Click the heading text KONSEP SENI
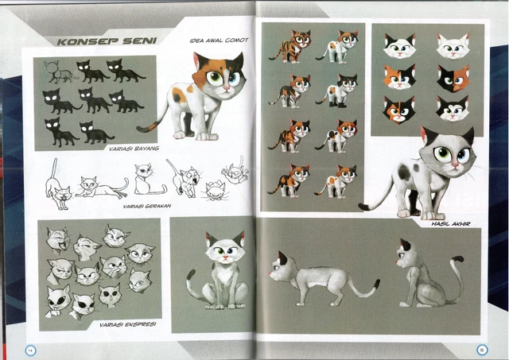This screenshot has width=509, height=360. (x=101, y=40)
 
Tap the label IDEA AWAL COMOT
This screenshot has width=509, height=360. (x=220, y=40)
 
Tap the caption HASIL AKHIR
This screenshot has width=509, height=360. (x=451, y=224)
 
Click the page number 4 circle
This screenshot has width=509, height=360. (x=30, y=348)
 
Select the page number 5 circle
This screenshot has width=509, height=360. (x=480, y=348)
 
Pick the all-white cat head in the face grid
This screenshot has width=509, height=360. (x=453, y=45)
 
